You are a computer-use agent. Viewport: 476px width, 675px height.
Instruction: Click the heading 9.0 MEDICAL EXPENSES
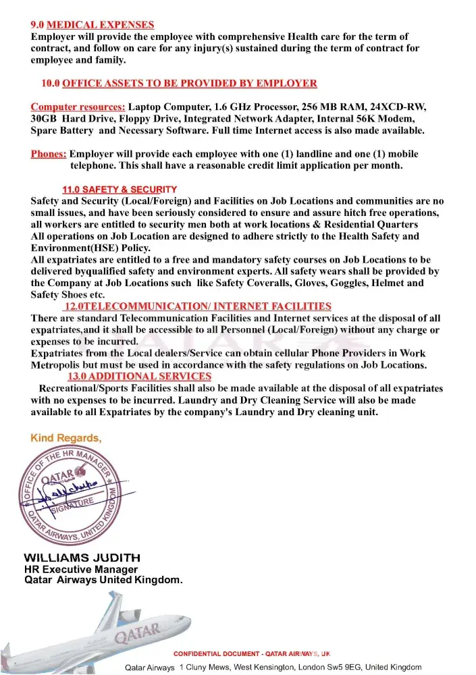click(92, 25)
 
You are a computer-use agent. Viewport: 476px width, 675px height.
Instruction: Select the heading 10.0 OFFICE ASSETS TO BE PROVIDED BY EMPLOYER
click(179, 84)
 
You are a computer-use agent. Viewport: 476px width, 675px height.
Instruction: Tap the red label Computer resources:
click(78, 107)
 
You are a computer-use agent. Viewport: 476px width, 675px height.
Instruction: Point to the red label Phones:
click(49, 154)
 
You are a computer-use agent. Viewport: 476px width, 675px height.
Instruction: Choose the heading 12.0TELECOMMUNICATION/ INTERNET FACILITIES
click(198, 306)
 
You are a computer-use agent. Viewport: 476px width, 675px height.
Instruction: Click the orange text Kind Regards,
click(66, 439)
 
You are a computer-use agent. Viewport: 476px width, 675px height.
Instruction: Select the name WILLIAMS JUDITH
click(82, 558)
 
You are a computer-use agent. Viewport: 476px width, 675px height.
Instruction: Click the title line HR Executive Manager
click(81, 570)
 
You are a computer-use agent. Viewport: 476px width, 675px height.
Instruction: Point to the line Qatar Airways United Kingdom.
click(103, 580)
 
